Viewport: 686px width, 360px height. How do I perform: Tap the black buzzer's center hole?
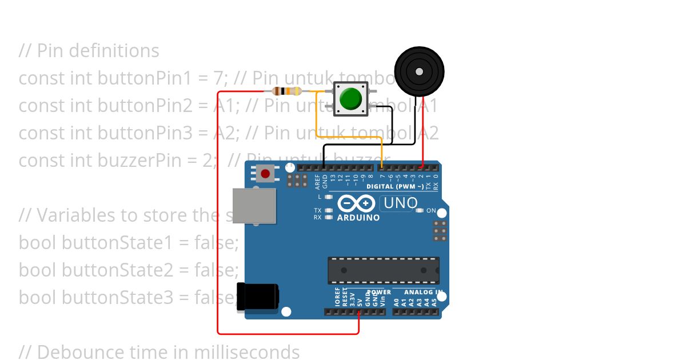click(x=419, y=71)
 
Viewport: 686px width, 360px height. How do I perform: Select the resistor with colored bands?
click(x=287, y=91)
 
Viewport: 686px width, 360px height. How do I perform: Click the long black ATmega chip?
click(x=383, y=270)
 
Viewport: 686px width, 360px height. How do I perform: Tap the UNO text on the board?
click(x=400, y=203)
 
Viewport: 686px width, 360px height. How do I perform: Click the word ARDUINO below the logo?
click(x=358, y=218)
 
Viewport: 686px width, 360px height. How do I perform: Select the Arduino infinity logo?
click(x=356, y=203)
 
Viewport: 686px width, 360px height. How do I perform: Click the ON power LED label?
click(x=431, y=210)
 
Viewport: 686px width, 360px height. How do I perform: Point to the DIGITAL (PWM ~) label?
click(x=395, y=186)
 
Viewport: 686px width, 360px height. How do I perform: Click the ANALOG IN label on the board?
click(x=424, y=292)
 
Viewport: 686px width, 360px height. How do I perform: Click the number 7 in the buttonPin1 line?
click(x=222, y=78)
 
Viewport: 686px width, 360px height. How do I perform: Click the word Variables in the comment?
click(x=76, y=215)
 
